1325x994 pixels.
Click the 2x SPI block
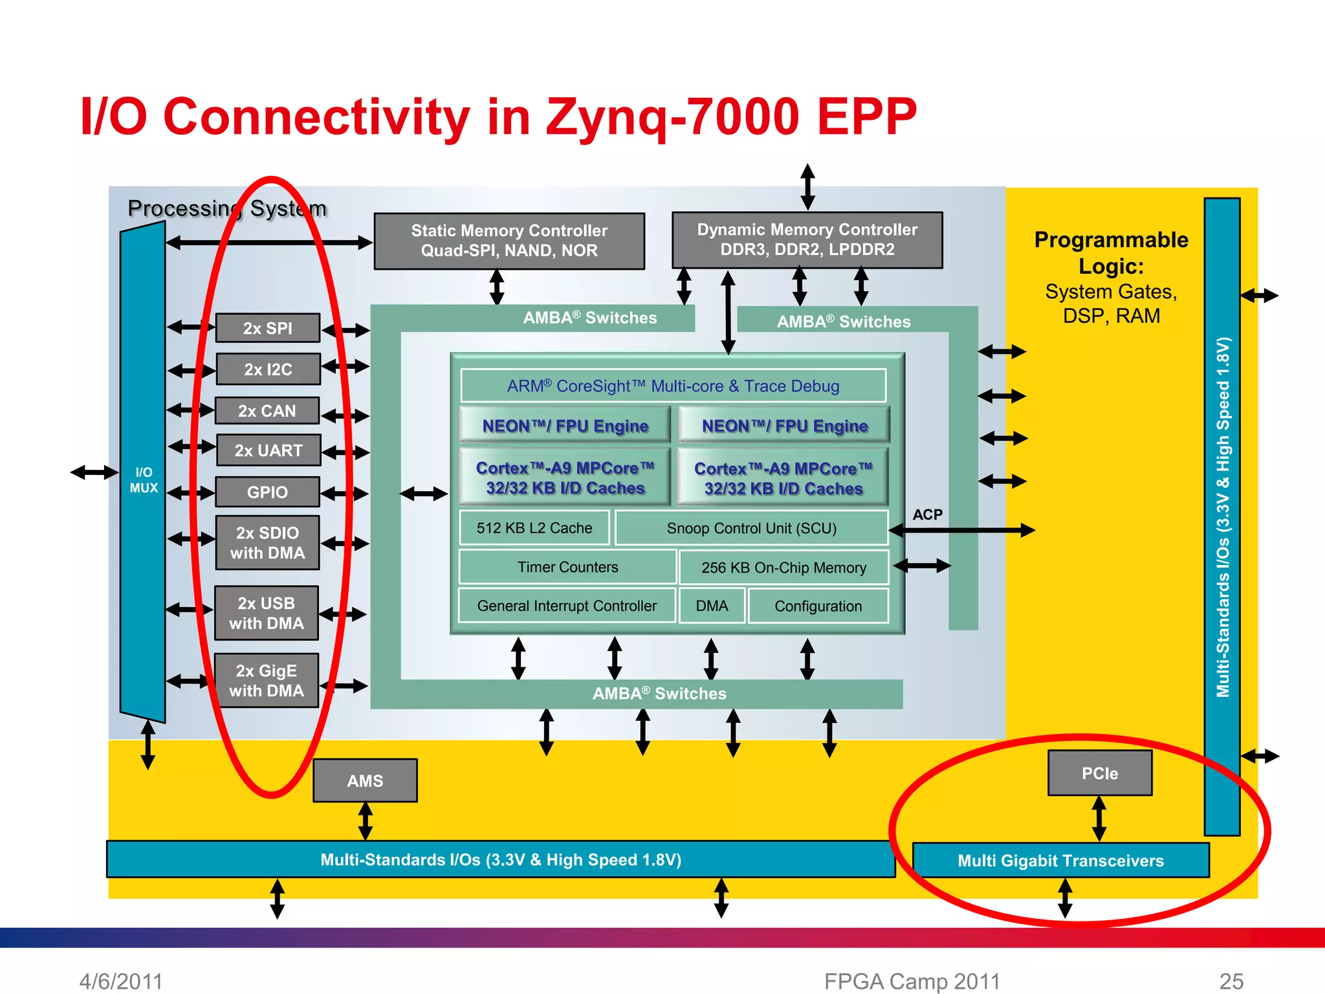(x=267, y=328)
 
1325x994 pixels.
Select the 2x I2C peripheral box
(x=268, y=370)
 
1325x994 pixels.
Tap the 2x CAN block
(x=267, y=411)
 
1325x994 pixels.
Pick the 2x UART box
(x=268, y=450)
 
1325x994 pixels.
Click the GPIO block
(x=267, y=492)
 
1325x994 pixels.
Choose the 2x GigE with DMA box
(x=266, y=680)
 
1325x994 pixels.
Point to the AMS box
(x=365, y=780)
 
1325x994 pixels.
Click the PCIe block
(x=1099, y=773)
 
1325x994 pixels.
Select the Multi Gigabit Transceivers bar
(x=1060, y=860)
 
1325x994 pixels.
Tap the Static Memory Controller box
(x=509, y=241)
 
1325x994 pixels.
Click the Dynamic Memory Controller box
(x=807, y=239)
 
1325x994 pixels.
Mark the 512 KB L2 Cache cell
(x=534, y=528)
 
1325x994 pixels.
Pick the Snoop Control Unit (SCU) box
(x=751, y=528)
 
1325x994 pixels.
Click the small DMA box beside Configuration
(x=712, y=606)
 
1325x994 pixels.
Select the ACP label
(x=927, y=514)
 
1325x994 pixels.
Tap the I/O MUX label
(x=144, y=480)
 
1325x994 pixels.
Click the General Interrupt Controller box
(x=567, y=606)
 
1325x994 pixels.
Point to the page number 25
(x=1231, y=981)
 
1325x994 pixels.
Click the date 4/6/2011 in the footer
(x=121, y=981)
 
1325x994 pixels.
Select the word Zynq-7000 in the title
(x=673, y=116)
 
